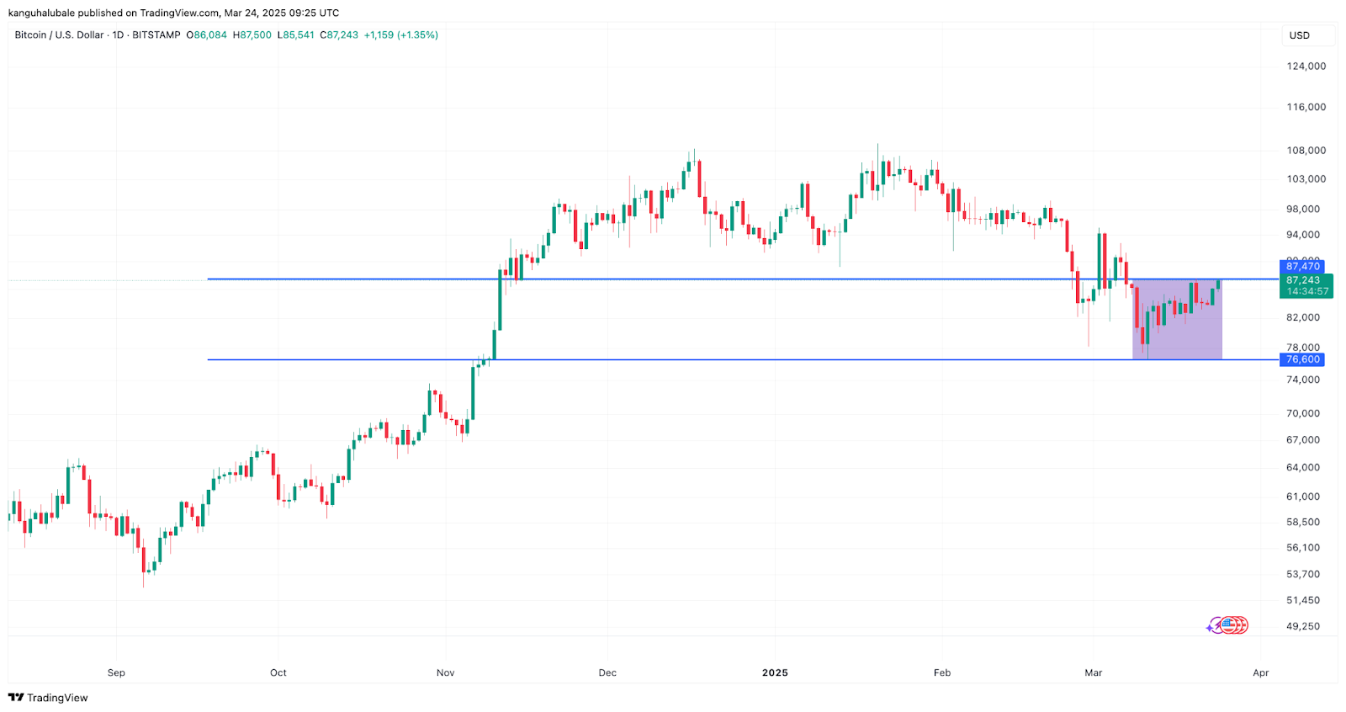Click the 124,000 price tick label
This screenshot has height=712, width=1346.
(x=1306, y=66)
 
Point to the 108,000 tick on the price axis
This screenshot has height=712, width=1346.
(x=1306, y=151)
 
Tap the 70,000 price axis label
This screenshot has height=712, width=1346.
(x=1303, y=413)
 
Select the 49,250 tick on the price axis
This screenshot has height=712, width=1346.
(x=1303, y=626)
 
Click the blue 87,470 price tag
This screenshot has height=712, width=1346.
(x=1302, y=267)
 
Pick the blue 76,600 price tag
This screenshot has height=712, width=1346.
(x=1302, y=359)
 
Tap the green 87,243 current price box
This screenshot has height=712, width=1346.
(x=1306, y=285)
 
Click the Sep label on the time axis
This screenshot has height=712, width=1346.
(x=116, y=672)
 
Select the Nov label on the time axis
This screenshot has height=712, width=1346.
(x=445, y=672)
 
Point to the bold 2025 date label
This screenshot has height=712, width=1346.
(x=775, y=672)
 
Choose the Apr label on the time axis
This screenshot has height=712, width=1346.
(x=1260, y=672)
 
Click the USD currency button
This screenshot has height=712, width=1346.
(x=1300, y=35)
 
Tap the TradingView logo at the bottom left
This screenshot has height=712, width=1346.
(x=48, y=698)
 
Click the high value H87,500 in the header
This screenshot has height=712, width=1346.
(x=252, y=35)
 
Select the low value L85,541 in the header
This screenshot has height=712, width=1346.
(x=296, y=35)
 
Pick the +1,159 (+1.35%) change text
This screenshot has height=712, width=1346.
(x=400, y=35)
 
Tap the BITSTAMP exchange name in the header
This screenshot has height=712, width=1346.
(x=156, y=35)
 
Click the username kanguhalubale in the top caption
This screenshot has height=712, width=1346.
(x=41, y=13)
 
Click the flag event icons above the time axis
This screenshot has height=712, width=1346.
(x=1230, y=625)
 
